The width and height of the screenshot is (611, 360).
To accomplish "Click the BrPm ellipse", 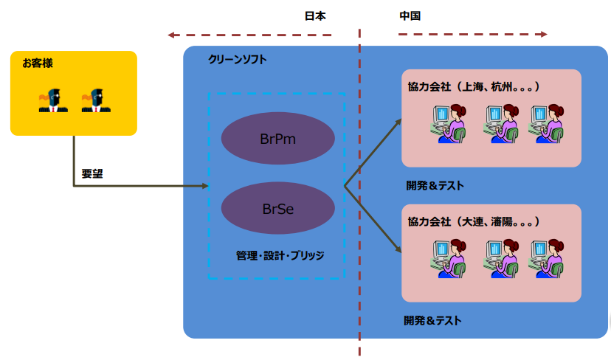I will tap(278, 138).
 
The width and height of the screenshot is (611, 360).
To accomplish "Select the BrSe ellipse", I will tap(278, 209).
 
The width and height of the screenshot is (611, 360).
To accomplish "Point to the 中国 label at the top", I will tap(410, 15).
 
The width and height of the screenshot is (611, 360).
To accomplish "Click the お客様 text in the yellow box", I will tap(37, 63).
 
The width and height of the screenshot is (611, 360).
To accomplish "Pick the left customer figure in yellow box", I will tap(53, 100).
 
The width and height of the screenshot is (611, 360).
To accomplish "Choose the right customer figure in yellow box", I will tap(96, 100).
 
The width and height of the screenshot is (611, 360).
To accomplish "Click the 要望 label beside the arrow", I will tap(92, 175).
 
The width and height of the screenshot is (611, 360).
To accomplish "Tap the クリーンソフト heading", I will tap(238, 59).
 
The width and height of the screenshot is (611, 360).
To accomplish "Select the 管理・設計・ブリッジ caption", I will tap(280, 255).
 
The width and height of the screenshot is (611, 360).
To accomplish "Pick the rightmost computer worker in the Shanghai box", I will tap(548, 122).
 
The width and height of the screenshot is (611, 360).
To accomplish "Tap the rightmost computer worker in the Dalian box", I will tap(548, 256).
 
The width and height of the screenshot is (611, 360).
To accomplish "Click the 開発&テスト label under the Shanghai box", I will tap(435, 186).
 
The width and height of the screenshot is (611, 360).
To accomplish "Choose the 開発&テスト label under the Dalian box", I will tap(432, 320).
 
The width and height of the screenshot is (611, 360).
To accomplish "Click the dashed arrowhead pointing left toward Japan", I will tap(172, 35).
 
